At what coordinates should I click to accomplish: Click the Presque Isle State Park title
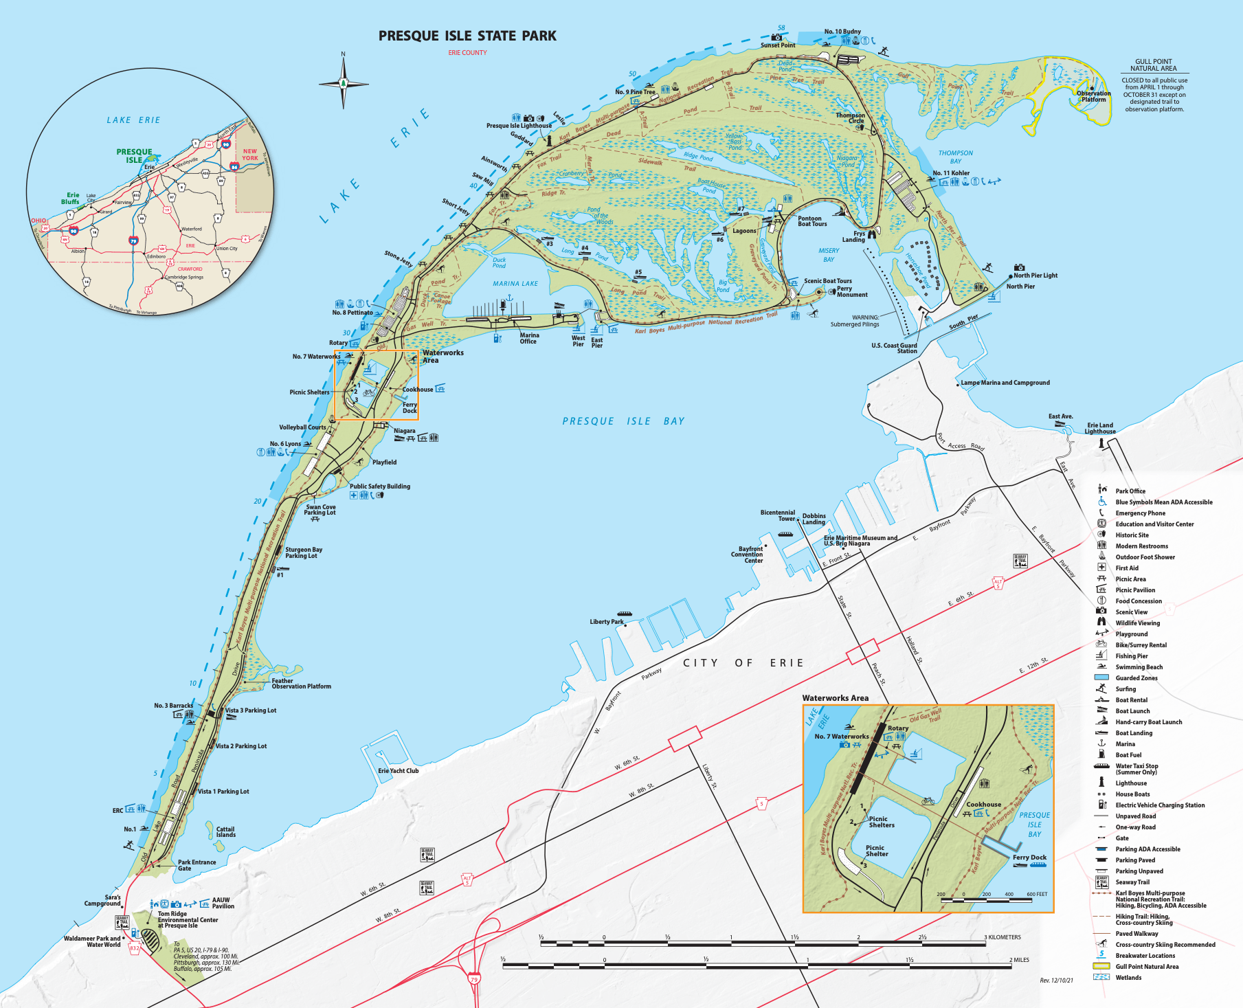[x=467, y=36]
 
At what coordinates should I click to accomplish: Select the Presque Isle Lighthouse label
[x=519, y=126]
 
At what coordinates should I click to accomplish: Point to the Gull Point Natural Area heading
[x=1154, y=65]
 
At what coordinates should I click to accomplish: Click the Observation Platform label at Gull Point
[x=1093, y=96]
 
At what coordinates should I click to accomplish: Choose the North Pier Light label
[x=1035, y=276]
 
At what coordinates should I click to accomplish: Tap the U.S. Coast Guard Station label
[x=894, y=348]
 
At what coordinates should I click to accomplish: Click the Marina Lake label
[x=515, y=284]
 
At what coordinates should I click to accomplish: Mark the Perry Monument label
[x=852, y=292]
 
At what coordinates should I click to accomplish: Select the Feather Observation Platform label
[x=301, y=684]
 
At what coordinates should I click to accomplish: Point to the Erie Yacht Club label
[x=398, y=771]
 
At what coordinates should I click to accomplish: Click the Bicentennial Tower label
[x=778, y=515]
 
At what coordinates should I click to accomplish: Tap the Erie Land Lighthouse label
[x=1100, y=428]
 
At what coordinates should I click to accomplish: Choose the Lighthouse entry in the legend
[x=1131, y=783]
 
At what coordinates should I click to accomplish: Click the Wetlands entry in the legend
[x=1128, y=978]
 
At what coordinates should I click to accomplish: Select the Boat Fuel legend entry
[x=1128, y=755]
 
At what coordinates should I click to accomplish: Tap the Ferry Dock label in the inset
[x=1029, y=858]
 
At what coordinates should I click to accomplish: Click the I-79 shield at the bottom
[x=474, y=979]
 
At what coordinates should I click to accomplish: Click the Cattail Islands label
[x=225, y=832]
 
